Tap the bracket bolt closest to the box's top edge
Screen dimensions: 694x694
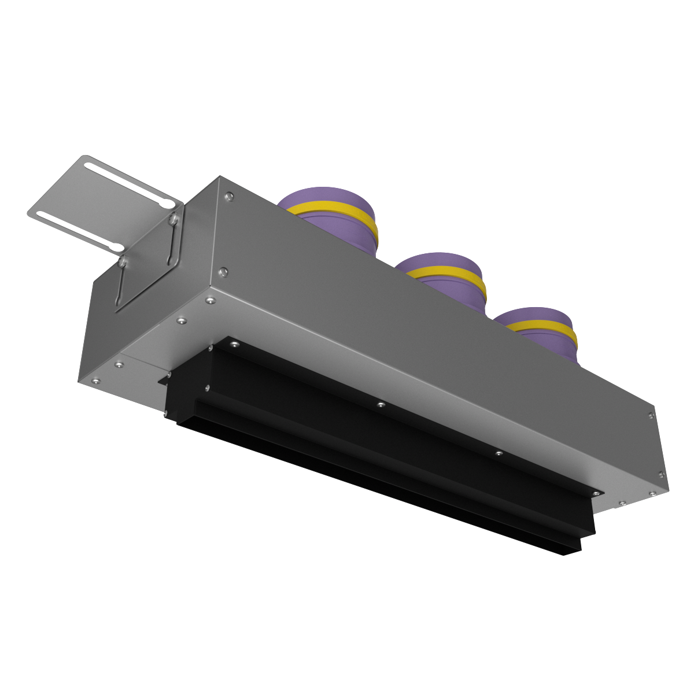172,219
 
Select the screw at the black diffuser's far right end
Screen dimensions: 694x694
595,493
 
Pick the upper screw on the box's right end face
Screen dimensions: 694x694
652,415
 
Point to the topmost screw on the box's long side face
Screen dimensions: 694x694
230,197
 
